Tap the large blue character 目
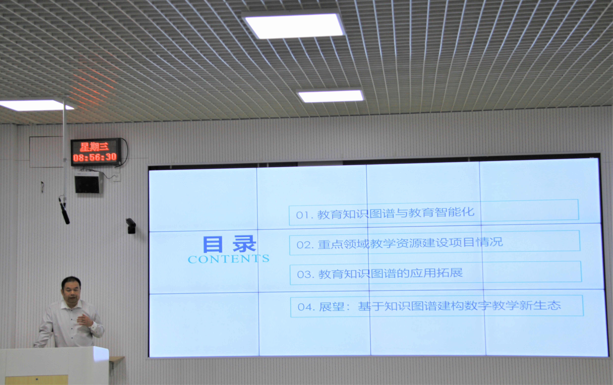(213, 244)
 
